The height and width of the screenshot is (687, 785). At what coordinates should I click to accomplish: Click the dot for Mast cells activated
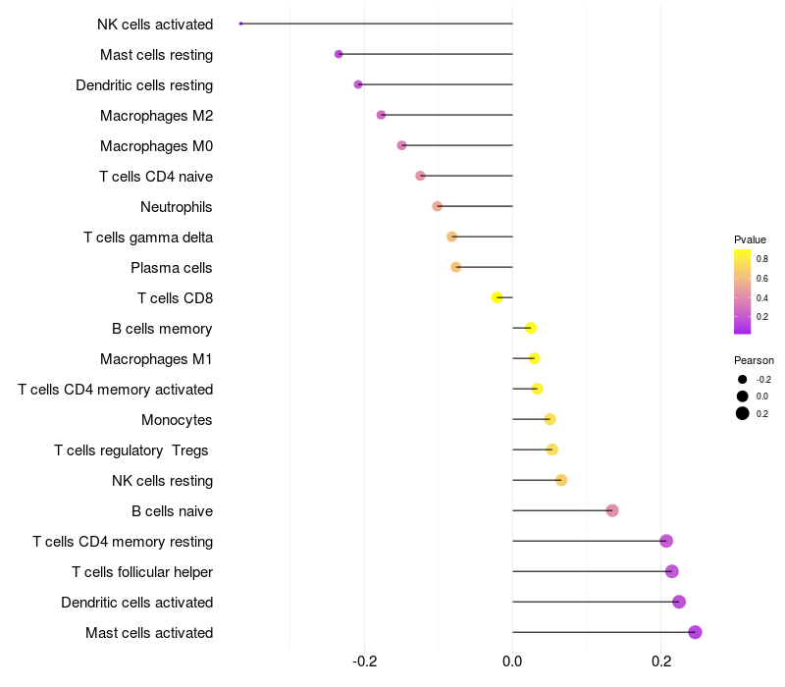coord(695,632)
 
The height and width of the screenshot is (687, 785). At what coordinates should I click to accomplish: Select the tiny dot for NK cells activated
coord(240,24)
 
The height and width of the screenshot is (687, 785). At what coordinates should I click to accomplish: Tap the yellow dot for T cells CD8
coord(497,297)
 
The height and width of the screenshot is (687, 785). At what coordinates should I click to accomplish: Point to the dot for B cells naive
coord(612,510)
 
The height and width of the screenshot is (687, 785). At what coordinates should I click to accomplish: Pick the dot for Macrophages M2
coord(381,115)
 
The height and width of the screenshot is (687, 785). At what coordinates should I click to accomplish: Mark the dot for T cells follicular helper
coord(672,571)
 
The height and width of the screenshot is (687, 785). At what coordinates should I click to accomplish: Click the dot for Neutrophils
coord(438,206)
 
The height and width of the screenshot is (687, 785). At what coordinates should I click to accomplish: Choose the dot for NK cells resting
coord(561,480)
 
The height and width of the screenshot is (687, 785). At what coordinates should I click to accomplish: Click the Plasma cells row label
coord(172,268)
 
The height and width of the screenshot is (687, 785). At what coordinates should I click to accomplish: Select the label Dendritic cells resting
coord(144,85)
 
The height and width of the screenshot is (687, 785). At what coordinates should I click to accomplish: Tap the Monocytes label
coord(177,420)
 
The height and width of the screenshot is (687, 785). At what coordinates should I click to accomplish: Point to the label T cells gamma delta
coord(148,238)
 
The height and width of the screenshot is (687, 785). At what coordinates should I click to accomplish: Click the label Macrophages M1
coord(156,359)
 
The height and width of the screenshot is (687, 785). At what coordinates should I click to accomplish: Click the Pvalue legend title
coord(750,239)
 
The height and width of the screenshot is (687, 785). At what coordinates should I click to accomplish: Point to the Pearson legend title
coord(754,360)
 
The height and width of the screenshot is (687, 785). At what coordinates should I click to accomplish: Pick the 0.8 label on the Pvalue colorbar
coord(762,259)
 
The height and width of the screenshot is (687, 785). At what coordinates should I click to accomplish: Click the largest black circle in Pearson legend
coord(743,413)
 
